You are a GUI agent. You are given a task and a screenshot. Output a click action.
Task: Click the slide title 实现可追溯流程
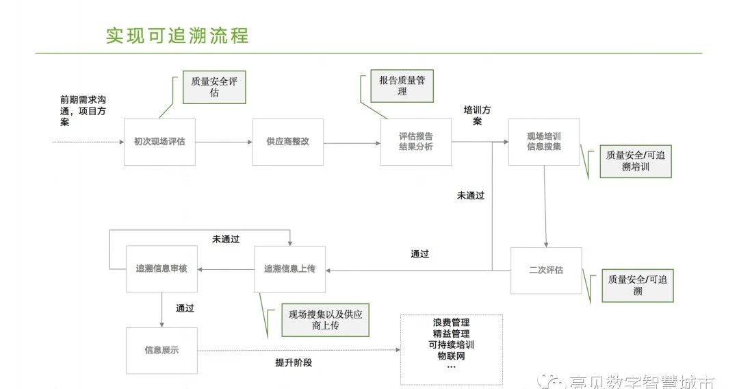pos(177,35)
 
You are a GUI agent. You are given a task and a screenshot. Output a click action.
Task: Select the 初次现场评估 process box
pos(159,142)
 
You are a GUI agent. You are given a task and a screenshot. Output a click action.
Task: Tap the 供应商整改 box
pos(287,142)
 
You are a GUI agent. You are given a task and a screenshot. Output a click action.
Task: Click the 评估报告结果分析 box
pos(416,142)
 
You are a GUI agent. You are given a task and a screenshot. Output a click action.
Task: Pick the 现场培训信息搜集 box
pos(544,142)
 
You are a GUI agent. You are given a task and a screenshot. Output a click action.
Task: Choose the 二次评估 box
pos(546,271)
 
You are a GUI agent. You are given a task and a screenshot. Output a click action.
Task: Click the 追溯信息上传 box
pos(289,269)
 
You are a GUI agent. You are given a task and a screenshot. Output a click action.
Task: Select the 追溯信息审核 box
pos(161,269)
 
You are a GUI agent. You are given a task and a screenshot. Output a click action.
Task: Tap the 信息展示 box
pos(161,350)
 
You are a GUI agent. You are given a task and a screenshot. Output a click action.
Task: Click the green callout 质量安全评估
pos(214,87)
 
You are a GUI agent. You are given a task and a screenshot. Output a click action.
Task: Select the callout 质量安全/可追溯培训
pos(636,162)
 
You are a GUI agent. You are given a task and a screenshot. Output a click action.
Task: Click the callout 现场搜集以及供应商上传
pos(325,320)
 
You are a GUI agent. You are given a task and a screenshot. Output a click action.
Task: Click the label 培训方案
pos(477,116)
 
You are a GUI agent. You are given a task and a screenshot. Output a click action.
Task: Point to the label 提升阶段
pos(294,363)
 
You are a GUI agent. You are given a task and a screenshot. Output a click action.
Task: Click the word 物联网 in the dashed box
pos(451,356)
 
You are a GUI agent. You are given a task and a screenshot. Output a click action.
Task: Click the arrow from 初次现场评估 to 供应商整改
pos(224,142)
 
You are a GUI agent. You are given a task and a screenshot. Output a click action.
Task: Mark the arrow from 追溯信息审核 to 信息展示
pos(161,311)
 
